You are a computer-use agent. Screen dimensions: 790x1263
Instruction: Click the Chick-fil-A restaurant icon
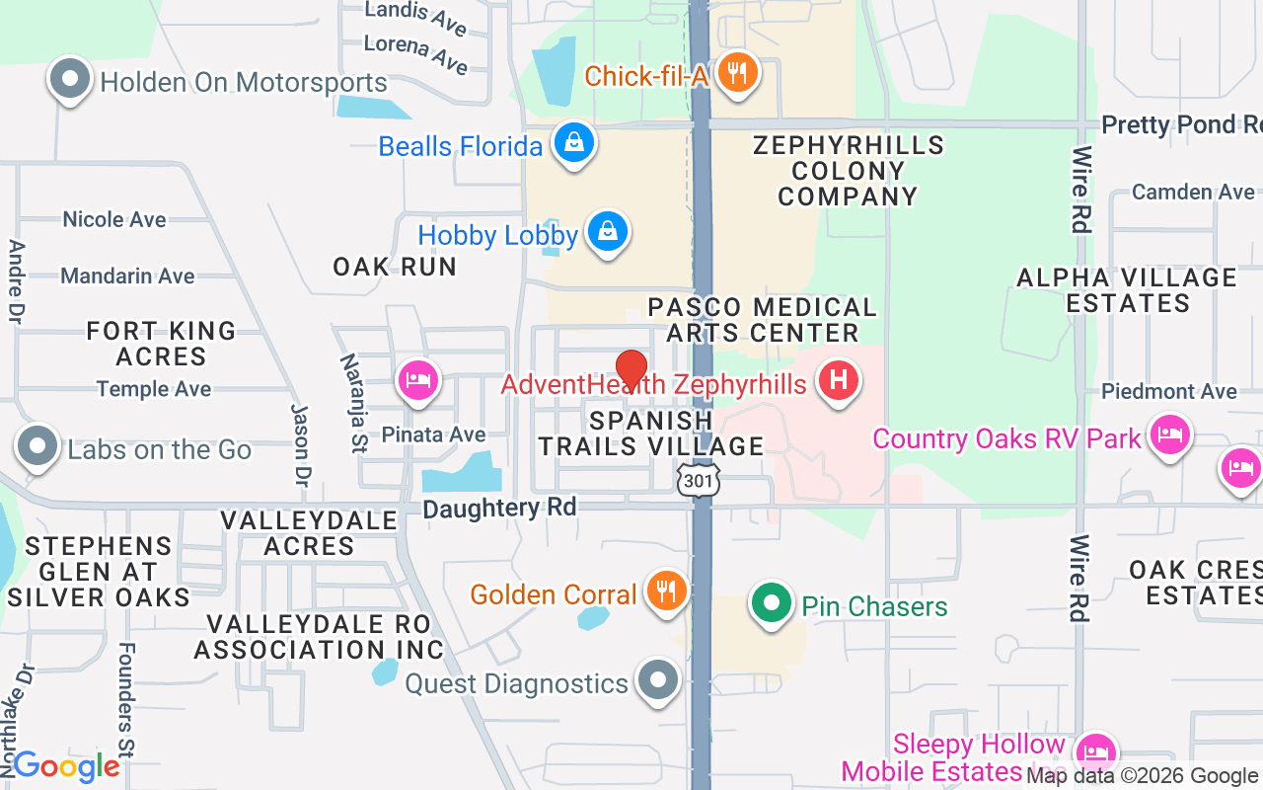(x=735, y=74)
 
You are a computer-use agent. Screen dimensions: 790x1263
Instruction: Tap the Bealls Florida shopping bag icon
(x=573, y=145)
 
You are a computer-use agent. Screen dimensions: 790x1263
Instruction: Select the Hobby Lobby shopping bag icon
(x=608, y=233)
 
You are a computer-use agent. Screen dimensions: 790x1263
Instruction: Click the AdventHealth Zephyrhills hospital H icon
(x=838, y=381)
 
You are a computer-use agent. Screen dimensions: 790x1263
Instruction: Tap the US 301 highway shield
(x=699, y=480)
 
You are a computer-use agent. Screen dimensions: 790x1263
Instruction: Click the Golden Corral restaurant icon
(x=667, y=592)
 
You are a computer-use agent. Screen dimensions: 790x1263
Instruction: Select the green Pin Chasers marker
(x=772, y=601)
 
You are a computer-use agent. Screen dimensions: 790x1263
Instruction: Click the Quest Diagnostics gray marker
(x=657, y=680)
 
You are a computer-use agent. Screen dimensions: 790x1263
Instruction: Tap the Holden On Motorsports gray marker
(x=70, y=80)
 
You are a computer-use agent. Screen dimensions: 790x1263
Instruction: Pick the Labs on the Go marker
(x=37, y=446)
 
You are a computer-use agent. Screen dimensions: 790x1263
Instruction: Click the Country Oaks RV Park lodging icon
(x=1170, y=435)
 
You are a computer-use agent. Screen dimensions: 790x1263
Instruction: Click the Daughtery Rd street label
(x=484, y=509)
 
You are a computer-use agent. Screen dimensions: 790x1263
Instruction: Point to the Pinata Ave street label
(x=433, y=434)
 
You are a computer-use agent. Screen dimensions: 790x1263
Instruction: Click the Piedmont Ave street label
(x=1169, y=392)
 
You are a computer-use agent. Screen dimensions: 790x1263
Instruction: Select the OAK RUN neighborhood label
(x=395, y=267)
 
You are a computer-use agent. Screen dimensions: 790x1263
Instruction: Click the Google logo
(x=66, y=765)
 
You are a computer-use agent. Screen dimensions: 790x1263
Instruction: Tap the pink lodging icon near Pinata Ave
(x=418, y=380)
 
